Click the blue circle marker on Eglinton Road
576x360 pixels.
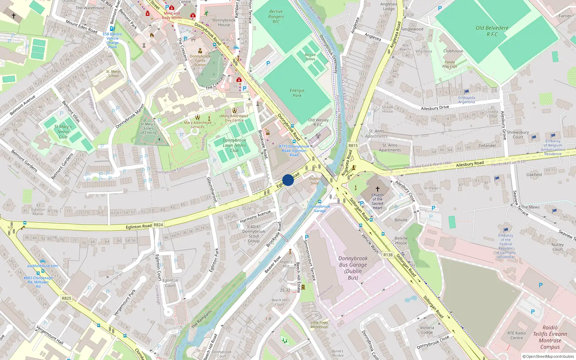click(x=288, y=180)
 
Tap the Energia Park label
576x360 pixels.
click(x=297, y=93)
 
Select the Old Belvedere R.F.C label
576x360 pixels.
click(x=492, y=31)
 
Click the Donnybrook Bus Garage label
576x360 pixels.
click(x=353, y=268)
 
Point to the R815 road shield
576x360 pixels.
click(x=353, y=145)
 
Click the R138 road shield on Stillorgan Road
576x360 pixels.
click(x=388, y=255)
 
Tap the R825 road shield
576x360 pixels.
click(x=67, y=298)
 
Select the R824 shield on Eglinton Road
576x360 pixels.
click(x=158, y=225)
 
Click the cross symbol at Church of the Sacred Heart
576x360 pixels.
click(x=377, y=189)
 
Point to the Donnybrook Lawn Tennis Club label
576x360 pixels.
click(x=234, y=145)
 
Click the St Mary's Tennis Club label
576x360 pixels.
click(x=63, y=131)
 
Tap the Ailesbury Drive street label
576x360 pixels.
click(x=435, y=108)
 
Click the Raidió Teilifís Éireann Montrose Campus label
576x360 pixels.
click(x=550, y=337)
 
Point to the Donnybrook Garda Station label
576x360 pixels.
click(x=200, y=60)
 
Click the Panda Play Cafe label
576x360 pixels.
click(x=450, y=64)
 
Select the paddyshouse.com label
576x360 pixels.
click(x=43, y=266)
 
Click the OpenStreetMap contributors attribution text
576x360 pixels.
click(x=548, y=356)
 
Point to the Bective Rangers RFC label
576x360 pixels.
click(x=276, y=17)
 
